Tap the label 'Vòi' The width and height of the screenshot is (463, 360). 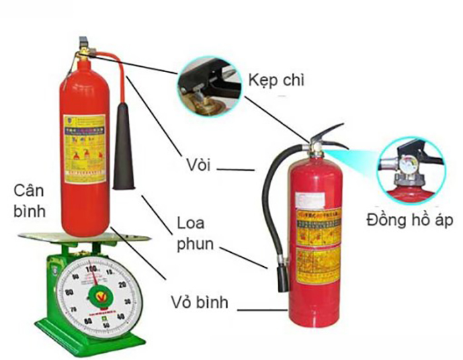(x=198, y=164)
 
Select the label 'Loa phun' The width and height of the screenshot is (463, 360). (x=195, y=232)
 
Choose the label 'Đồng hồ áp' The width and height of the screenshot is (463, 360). (x=409, y=220)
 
